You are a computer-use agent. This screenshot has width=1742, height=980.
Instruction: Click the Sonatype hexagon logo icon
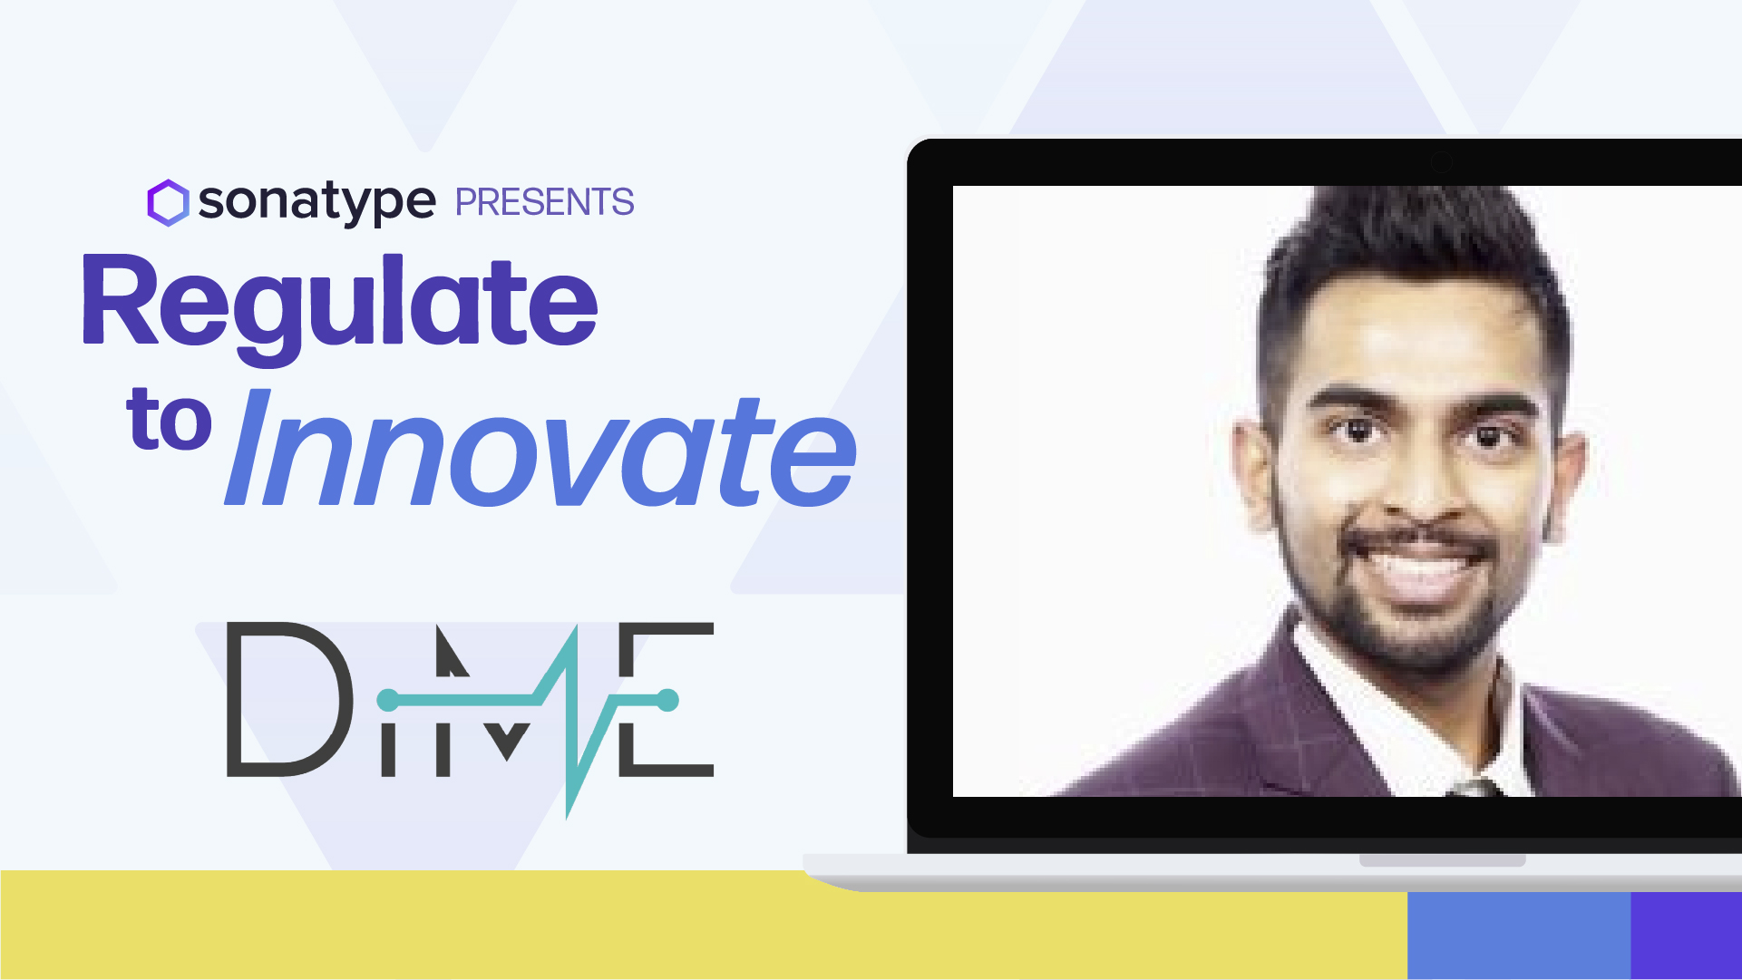click(x=168, y=202)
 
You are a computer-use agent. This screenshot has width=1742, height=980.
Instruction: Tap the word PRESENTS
click(x=544, y=202)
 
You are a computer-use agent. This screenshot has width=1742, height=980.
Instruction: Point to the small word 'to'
click(x=170, y=419)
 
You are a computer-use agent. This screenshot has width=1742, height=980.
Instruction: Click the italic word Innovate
click(x=541, y=450)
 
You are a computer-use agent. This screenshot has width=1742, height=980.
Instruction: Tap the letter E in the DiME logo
click(x=667, y=699)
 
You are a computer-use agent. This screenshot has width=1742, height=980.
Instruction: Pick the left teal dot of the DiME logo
click(x=388, y=700)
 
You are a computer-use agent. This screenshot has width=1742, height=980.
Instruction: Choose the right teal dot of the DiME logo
click(x=667, y=700)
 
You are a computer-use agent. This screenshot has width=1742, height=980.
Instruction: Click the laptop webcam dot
click(x=1441, y=162)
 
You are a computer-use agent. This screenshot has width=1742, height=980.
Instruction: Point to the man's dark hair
click(x=1415, y=263)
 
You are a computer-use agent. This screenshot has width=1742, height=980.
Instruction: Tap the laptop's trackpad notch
click(x=1442, y=860)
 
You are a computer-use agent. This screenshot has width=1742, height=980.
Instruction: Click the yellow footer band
click(x=704, y=925)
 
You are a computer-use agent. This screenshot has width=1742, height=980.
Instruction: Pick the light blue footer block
click(x=1519, y=936)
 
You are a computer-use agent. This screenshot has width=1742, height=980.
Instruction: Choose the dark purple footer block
click(x=1687, y=936)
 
